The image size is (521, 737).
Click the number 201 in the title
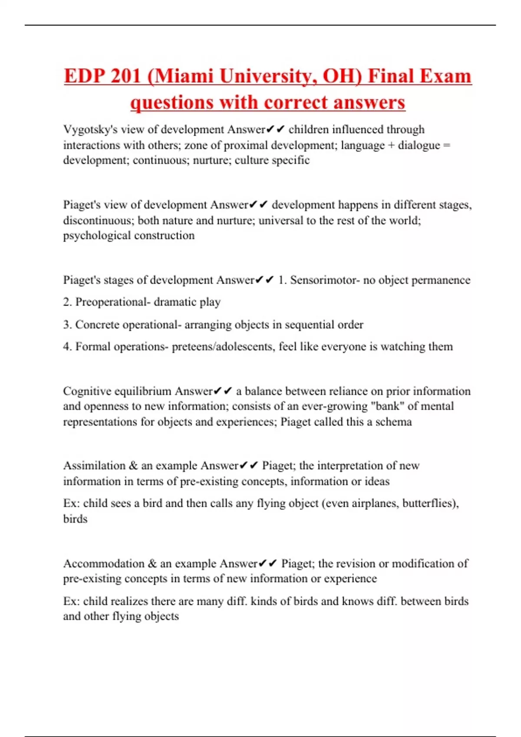point(126,76)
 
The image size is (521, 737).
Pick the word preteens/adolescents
point(223,346)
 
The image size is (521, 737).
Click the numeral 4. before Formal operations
point(67,346)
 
